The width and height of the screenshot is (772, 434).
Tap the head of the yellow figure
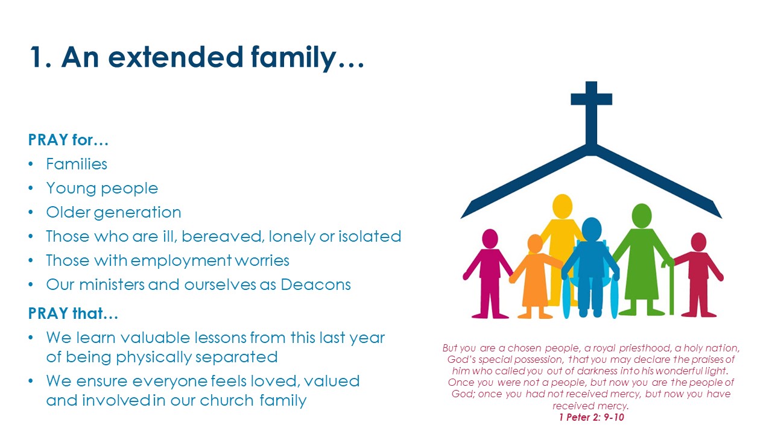pyautogui.click(x=562, y=206)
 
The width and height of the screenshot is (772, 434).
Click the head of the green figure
pyautogui.click(x=641, y=216)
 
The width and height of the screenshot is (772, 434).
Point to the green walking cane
pyautogui.click(x=670, y=288)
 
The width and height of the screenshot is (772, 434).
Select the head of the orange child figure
pyautogui.click(x=535, y=244)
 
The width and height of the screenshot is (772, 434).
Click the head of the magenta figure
pyautogui.click(x=490, y=239)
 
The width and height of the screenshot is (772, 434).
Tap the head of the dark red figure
pyautogui.click(x=698, y=242)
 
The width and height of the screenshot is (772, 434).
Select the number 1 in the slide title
pyautogui.click(x=36, y=57)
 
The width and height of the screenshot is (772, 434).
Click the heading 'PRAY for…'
pyautogui.click(x=68, y=140)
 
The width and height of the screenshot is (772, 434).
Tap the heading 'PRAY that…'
pyautogui.click(x=73, y=313)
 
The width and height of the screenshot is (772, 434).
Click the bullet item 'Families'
pyautogui.click(x=77, y=164)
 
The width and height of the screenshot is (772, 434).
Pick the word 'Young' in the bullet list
pyautogui.click(x=71, y=189)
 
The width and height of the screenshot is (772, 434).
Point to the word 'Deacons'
pyautogui.click(x=315, y=285)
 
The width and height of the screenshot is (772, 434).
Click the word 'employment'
pyautogui.click(x=181, y=261)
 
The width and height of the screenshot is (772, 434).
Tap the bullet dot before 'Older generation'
pyautogui.click(x=31, y=212)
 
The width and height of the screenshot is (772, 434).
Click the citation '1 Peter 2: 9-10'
pyautogui.click(x=592, y=418)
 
